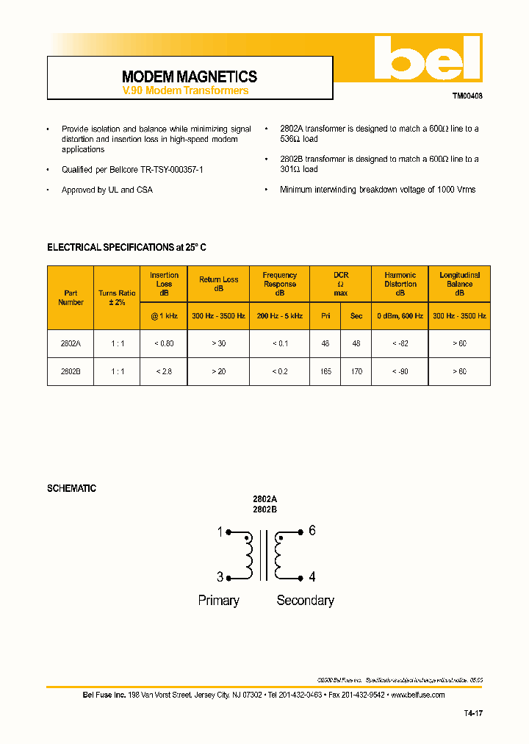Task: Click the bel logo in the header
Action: (427, 59)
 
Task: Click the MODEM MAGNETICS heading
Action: (190, 76)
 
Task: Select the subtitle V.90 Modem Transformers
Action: (185, 91)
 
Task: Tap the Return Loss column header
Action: (218, 284)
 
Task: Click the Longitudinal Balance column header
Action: (459, 284)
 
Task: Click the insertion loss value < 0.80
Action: (165, 343)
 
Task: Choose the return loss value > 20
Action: (218, 372)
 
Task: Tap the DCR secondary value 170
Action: (356, 372)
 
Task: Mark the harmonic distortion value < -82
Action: (400, 343)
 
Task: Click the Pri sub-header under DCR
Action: (325, 316)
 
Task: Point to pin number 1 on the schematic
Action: (220, 532)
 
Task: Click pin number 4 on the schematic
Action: (312, 576)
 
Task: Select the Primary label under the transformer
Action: (218, 601)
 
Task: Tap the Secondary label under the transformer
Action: (305, 601)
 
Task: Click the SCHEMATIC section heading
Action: (71, 488)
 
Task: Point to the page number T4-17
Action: (473, 713)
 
